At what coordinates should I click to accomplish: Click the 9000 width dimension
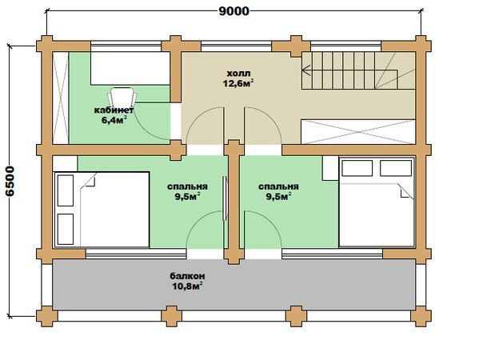click(234, 11)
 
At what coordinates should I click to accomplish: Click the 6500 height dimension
click(10, 182)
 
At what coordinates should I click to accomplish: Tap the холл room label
click(238, 74)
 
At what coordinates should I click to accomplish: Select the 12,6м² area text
click(238, 83)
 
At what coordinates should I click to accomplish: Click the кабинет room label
click(114, 110)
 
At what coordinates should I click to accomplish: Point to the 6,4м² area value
click(114, 119)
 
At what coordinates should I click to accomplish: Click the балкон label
click(187, 276)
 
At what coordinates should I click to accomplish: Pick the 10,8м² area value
click(187, 286)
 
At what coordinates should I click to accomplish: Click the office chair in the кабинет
click(122, 96)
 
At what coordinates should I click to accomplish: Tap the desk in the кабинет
click(130, 69)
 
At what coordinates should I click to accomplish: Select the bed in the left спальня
click(102, 210)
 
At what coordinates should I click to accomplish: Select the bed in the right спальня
click(377, 202)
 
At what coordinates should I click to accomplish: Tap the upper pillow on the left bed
click(66, 190)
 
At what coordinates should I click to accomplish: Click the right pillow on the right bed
click(396, 168)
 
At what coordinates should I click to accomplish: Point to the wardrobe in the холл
click(358, 132)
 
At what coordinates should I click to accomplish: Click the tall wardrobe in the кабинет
click(61, 98)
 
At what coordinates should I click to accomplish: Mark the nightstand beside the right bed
click(330, 168)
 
